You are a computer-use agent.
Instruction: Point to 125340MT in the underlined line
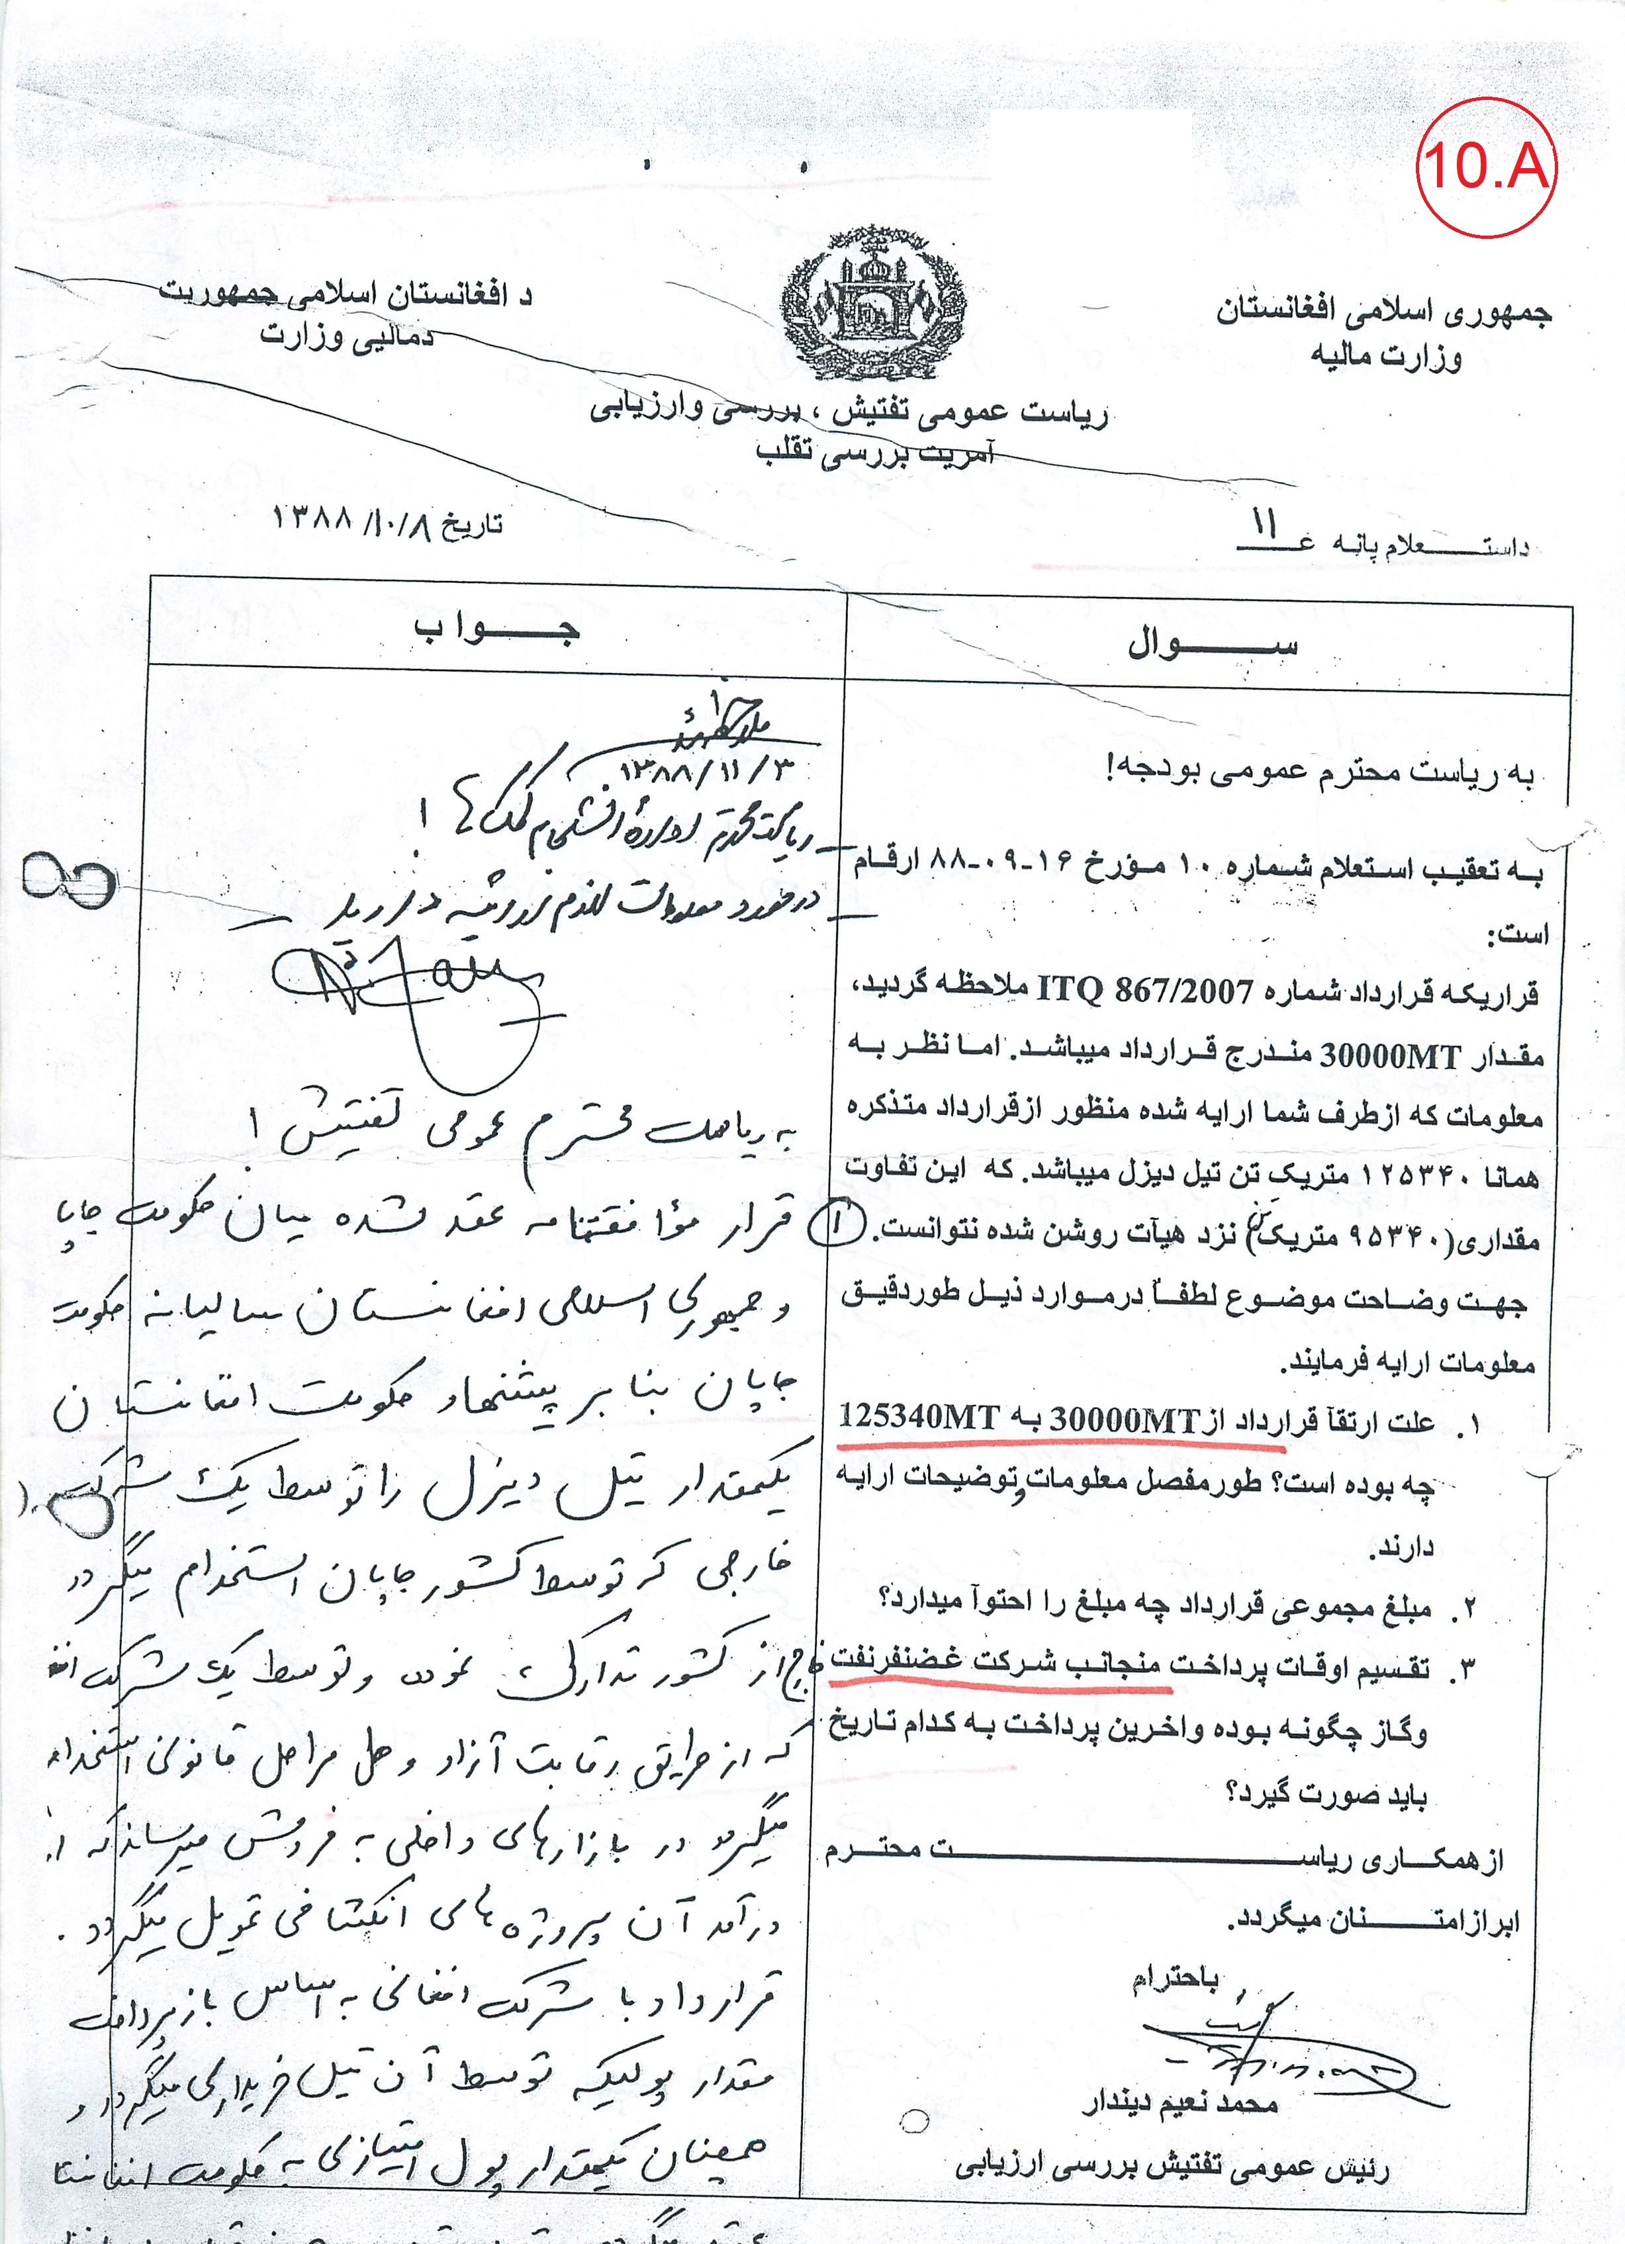pos(918,1418)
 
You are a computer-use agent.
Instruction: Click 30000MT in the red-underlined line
pos(1124,1421)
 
